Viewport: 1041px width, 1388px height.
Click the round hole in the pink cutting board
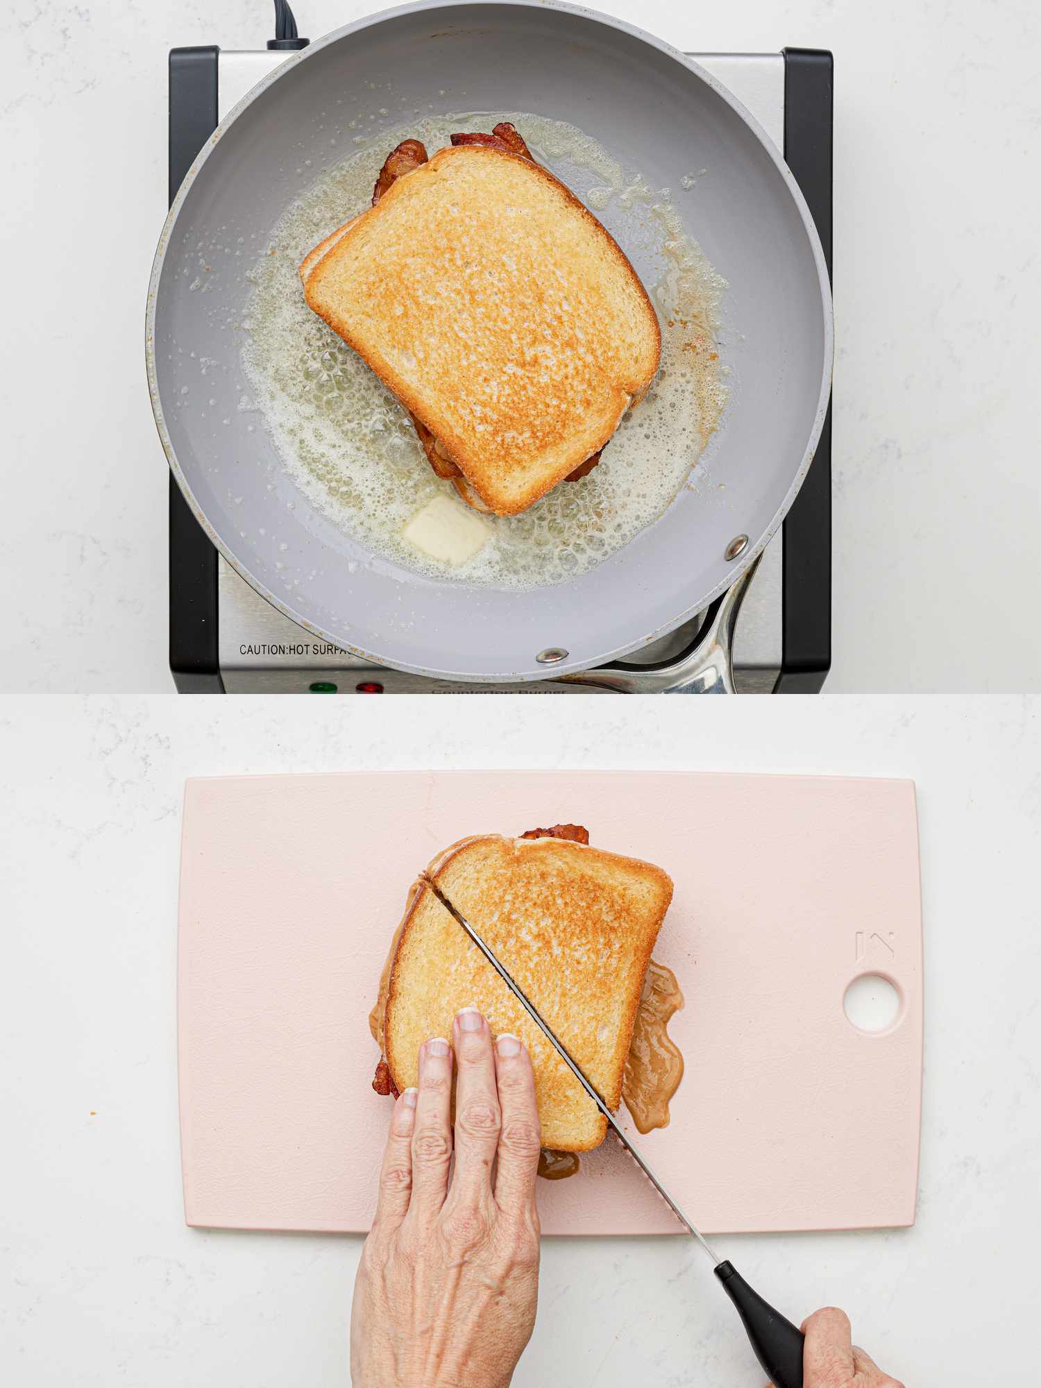[x=873, y=1001]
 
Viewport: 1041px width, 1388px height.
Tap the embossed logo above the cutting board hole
[x=874, y=945]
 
